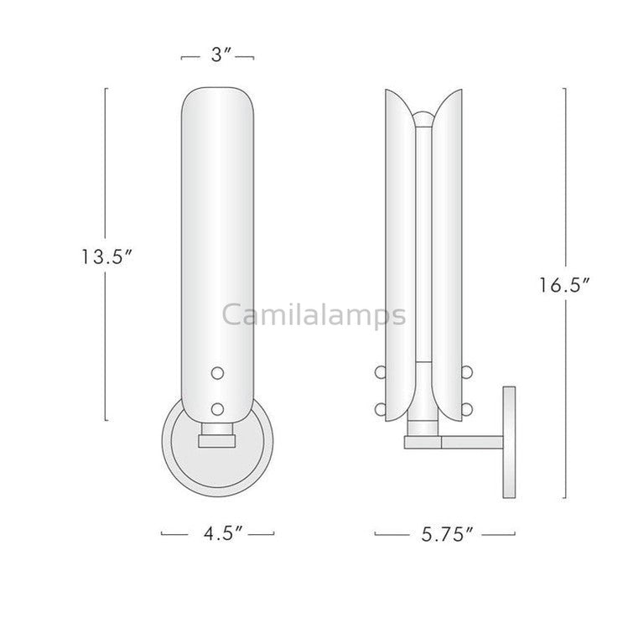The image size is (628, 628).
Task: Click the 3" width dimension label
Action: coord(218,57)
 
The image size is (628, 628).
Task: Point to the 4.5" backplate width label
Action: coord(217,533)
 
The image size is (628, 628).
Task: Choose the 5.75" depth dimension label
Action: coord(444,533)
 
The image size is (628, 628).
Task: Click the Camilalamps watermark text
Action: coord(314,315)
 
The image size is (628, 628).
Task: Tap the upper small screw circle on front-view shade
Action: coord(218,371)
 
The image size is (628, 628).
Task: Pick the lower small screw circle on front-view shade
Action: coord(218,408)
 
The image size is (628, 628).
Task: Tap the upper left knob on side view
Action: coord(380,372)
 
